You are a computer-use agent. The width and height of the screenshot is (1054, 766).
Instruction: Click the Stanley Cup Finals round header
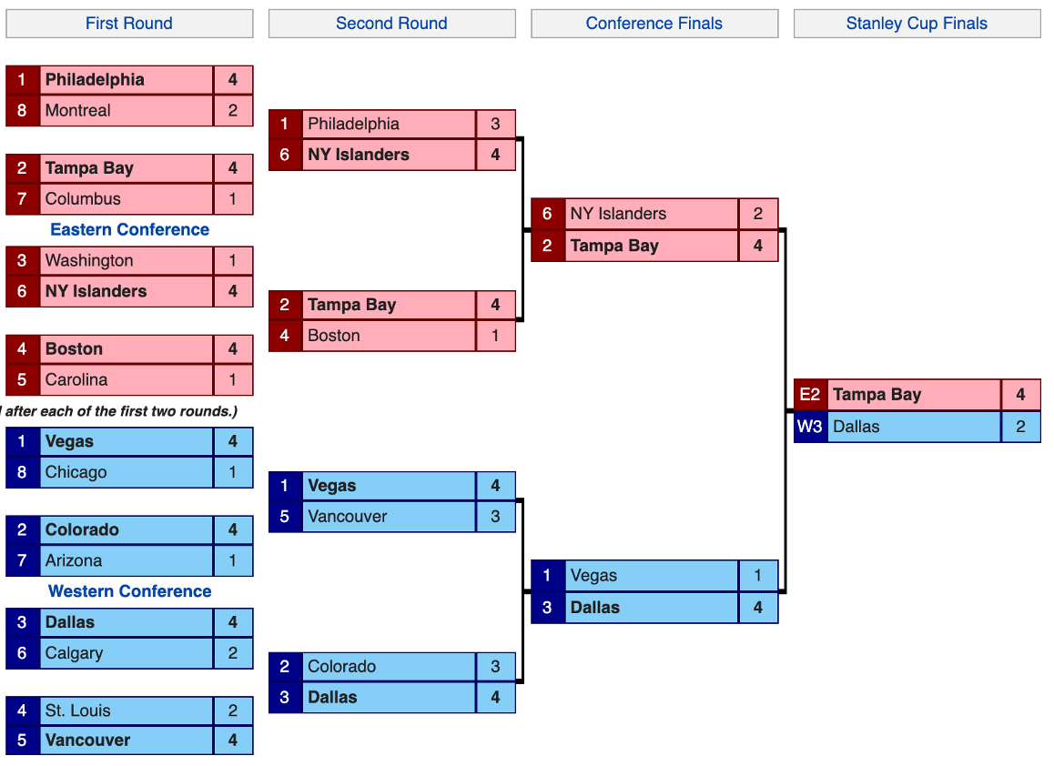point(917,24)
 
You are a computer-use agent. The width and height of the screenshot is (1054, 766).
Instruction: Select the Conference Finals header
point(654,24)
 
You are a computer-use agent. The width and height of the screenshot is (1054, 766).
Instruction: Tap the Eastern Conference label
point(129,229)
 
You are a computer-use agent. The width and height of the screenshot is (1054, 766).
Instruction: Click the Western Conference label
point(129,591)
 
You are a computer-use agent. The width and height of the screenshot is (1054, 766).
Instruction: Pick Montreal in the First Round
point(126,111)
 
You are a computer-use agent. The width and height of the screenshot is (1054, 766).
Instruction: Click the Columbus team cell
point(126,199)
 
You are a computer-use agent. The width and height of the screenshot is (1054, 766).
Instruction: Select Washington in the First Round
point(126,261)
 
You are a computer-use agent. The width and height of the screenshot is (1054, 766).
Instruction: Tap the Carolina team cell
point(126,380)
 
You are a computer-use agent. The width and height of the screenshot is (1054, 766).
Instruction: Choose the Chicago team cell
point(126,473)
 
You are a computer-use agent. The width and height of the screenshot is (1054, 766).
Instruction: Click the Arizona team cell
point(126,561)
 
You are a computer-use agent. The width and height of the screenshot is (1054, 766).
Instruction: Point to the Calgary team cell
point(126,653)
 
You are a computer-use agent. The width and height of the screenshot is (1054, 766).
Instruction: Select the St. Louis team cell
point(126,711)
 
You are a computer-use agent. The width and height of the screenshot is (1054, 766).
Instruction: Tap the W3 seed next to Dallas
point(810,427)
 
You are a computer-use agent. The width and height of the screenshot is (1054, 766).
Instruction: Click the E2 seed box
point(810,395)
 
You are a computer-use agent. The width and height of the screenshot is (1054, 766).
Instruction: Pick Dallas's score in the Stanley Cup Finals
point(1020,427)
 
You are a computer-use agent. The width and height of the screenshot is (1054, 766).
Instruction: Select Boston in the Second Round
point(389,336)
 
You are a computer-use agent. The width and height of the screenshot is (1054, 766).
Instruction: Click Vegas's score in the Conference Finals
point(757,576)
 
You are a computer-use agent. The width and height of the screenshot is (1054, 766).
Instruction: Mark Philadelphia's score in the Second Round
point(495,124)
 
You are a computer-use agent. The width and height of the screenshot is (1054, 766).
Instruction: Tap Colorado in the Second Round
point(389,667)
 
